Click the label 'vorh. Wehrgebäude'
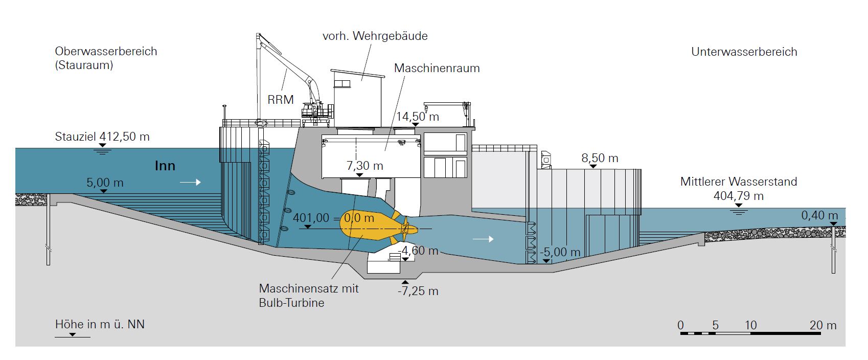375,36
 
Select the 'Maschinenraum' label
437,68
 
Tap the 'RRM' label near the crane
281,99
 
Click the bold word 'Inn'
165,166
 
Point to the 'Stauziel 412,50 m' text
102,137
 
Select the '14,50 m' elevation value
417,117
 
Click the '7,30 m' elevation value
364,166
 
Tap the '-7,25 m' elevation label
418,291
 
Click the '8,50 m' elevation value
600,158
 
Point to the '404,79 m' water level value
738,196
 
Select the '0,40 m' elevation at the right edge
819,215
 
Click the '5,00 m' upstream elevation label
105,183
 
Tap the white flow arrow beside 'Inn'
190,182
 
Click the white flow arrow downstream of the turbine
484,239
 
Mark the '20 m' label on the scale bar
823,325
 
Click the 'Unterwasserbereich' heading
744,52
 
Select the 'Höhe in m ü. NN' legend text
100,324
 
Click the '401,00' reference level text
311,218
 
